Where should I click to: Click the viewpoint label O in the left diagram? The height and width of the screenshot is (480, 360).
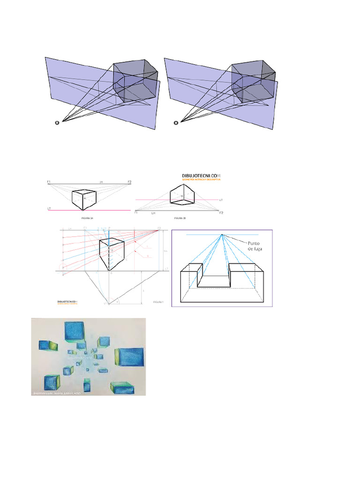tap(57, 124)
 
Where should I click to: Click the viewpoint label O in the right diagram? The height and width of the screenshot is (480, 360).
tap(176, 124)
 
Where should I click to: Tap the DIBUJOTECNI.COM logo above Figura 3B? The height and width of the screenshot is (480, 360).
tap(201, 176)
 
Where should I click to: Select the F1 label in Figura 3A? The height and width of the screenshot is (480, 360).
tap(49, 181)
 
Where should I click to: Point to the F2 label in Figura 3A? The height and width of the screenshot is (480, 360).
tap(129, 181)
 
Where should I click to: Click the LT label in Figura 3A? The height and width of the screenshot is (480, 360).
tap(49, 208)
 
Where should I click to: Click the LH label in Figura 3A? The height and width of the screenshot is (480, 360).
tap(100, 181)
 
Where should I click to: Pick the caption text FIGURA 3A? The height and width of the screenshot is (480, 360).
tap(88, 218)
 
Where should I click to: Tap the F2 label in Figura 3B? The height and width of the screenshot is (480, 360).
tap(221, 213)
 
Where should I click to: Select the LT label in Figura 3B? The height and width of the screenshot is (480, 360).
tap(221, 200)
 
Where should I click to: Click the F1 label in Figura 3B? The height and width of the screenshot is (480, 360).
tap(137, 213)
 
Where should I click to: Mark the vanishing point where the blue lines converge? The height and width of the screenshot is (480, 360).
tap(222, 235)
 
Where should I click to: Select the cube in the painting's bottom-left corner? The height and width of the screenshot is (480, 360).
tap(52, 382)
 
